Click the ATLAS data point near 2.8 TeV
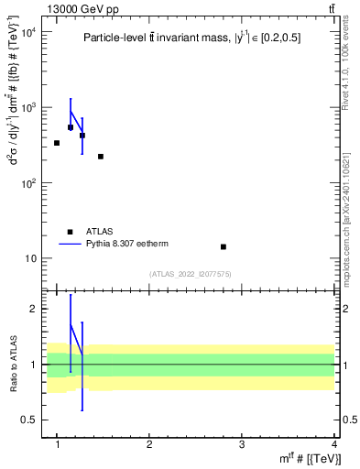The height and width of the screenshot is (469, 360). [x=224, y=246]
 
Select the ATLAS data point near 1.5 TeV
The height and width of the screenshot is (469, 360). [x=101, y=157]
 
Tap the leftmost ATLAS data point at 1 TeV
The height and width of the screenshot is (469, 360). [x=57, y=143]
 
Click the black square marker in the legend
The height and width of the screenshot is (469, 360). [x=71, y=232]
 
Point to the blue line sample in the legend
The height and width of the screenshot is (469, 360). [x=71, y=245]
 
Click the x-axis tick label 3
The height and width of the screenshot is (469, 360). [x=242, y=444]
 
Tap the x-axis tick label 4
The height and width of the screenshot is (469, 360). [x=334, y=444]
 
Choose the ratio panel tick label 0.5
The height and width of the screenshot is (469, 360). [x=28, y=420]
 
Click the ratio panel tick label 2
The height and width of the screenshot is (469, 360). [x=33, y=309]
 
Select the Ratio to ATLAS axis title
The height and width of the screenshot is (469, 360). [x=12, y=364]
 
